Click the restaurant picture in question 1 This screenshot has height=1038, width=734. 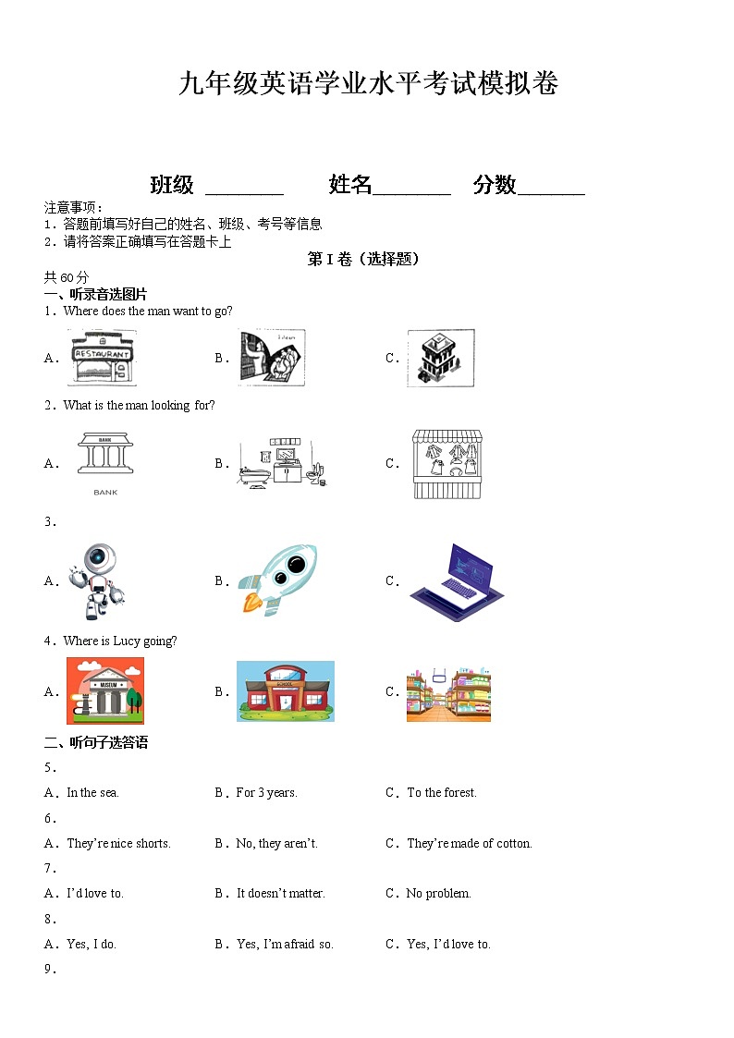(x=101, y=358)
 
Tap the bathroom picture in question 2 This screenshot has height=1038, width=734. (x=283, y=463)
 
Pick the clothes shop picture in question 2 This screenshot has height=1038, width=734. (x=447, y=464)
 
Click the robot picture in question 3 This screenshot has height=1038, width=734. (x=96, y=581)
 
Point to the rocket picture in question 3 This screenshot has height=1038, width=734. (x=277, y=580)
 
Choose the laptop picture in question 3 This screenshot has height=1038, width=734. (x=457, y=581)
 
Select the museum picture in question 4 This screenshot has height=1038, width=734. (x=104, y=690)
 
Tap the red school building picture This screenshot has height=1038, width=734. (x=285, y=691)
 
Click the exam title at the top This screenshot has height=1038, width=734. (x=368, y=84)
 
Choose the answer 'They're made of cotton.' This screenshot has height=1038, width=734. (x=469, y=843)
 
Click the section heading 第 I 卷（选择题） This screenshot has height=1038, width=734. (x=363, y=260)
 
